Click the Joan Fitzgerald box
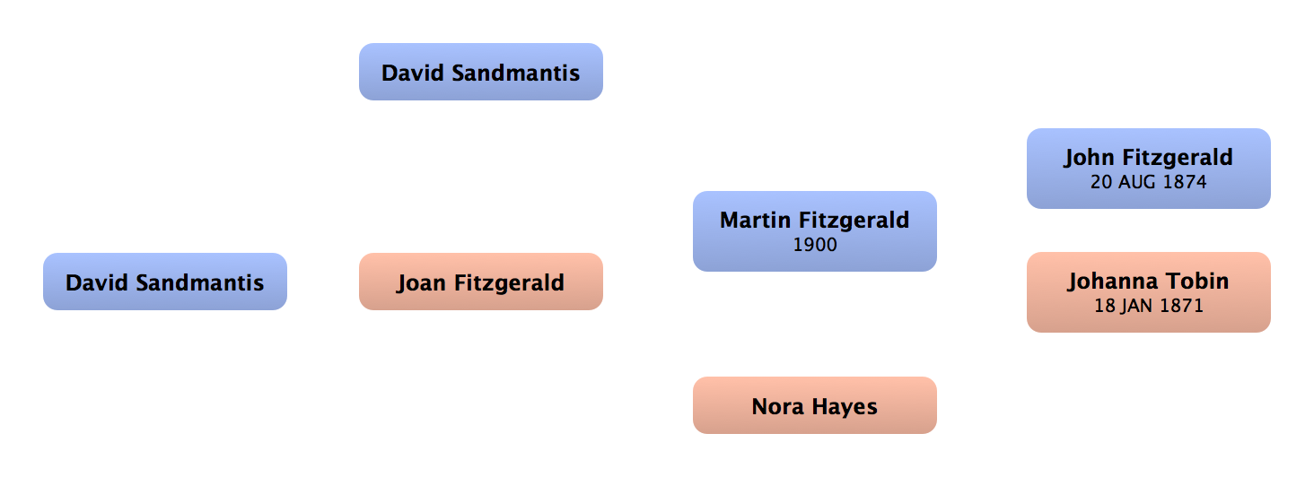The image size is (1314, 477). (480, 282)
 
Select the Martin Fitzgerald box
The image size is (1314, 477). (814, 230)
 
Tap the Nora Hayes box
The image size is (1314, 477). (814, 406)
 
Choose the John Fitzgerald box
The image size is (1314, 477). (1148, 169)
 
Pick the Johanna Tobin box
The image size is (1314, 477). (1148, 292)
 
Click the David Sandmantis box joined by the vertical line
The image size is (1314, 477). (480, 73)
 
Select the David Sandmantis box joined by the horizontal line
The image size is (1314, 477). (164, 282)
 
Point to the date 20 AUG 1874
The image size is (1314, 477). (1148, 182)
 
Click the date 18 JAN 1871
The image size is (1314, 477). (1148, 306)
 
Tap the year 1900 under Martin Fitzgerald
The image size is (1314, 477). (814, 244)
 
